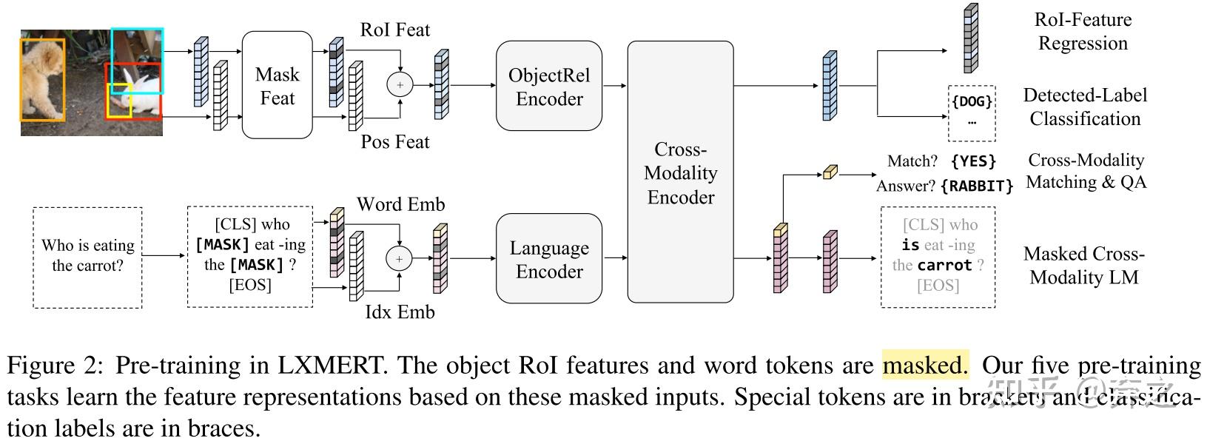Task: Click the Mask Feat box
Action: pyautogui.click(x=277, y=85)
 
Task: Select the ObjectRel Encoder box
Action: pyautogui.click(x=548, y=87)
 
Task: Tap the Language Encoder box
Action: pyautogui.click(x=548, y=259)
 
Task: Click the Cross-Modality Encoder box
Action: pyautogui.click(x=680, y=172)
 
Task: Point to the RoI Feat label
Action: pyautogui.click(x=394, y=30)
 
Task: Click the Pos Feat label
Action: pyautogui.click(x=394, y=141)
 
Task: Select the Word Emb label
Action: pyautogui.click(x=400, y=204)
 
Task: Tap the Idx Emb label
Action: pyautogui.click(x=400, y=312)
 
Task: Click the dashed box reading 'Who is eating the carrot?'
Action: pyautogui.click(x=87, y=256)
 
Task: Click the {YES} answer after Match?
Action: pyautogui.click(x=973, y=161)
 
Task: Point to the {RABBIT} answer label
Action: pyautogui.click(x=976, y=186)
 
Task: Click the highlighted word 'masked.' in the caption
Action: pyautogui.click(x=924, y=365)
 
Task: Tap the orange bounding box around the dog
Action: pyautogui.click(x=42, y=80)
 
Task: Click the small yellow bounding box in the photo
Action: pyautogui.click(x=119, y=101)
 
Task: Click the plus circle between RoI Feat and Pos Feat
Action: pyautogui.click(x=400, y=85)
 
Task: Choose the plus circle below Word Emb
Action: pyautogui.click(x=399, y=258)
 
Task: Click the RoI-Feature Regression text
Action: pyautogui.click(x=1083, y=31)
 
